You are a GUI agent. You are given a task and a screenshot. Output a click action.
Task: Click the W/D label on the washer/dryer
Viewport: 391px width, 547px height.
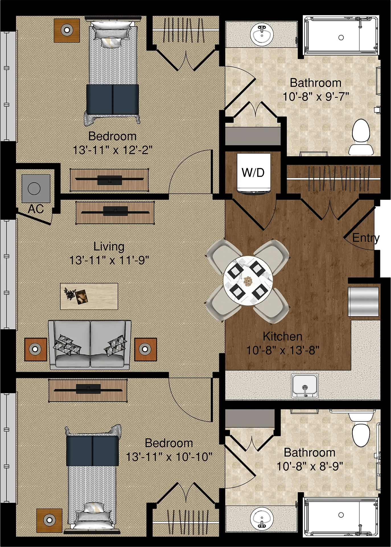(253, 172)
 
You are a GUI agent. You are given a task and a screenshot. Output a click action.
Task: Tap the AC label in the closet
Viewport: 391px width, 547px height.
(36, 209)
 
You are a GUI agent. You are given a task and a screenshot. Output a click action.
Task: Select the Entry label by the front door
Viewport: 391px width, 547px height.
(366, 238)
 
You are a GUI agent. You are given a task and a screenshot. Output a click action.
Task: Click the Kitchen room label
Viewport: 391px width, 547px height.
(283, 336)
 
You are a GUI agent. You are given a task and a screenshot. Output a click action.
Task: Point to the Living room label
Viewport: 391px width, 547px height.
(109, 247)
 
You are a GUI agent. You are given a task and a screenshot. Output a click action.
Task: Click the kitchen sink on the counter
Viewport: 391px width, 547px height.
(305, 386)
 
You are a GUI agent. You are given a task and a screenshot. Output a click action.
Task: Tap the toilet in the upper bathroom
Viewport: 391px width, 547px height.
(361, 137)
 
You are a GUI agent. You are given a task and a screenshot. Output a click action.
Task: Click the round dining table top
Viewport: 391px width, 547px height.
(248, 281)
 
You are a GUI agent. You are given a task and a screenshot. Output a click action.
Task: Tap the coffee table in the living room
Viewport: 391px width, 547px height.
(89, 296)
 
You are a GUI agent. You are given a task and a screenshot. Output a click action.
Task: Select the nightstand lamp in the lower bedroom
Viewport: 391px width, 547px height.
(50, 520)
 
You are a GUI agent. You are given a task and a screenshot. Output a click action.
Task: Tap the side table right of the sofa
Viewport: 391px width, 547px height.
(145, 349)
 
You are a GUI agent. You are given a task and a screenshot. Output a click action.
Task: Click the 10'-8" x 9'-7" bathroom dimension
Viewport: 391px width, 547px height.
(316, 97)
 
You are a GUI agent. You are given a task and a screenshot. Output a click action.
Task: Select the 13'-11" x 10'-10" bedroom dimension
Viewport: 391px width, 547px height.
(169, 457)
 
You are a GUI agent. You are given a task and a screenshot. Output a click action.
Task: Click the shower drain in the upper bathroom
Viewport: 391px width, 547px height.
(341, 37)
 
